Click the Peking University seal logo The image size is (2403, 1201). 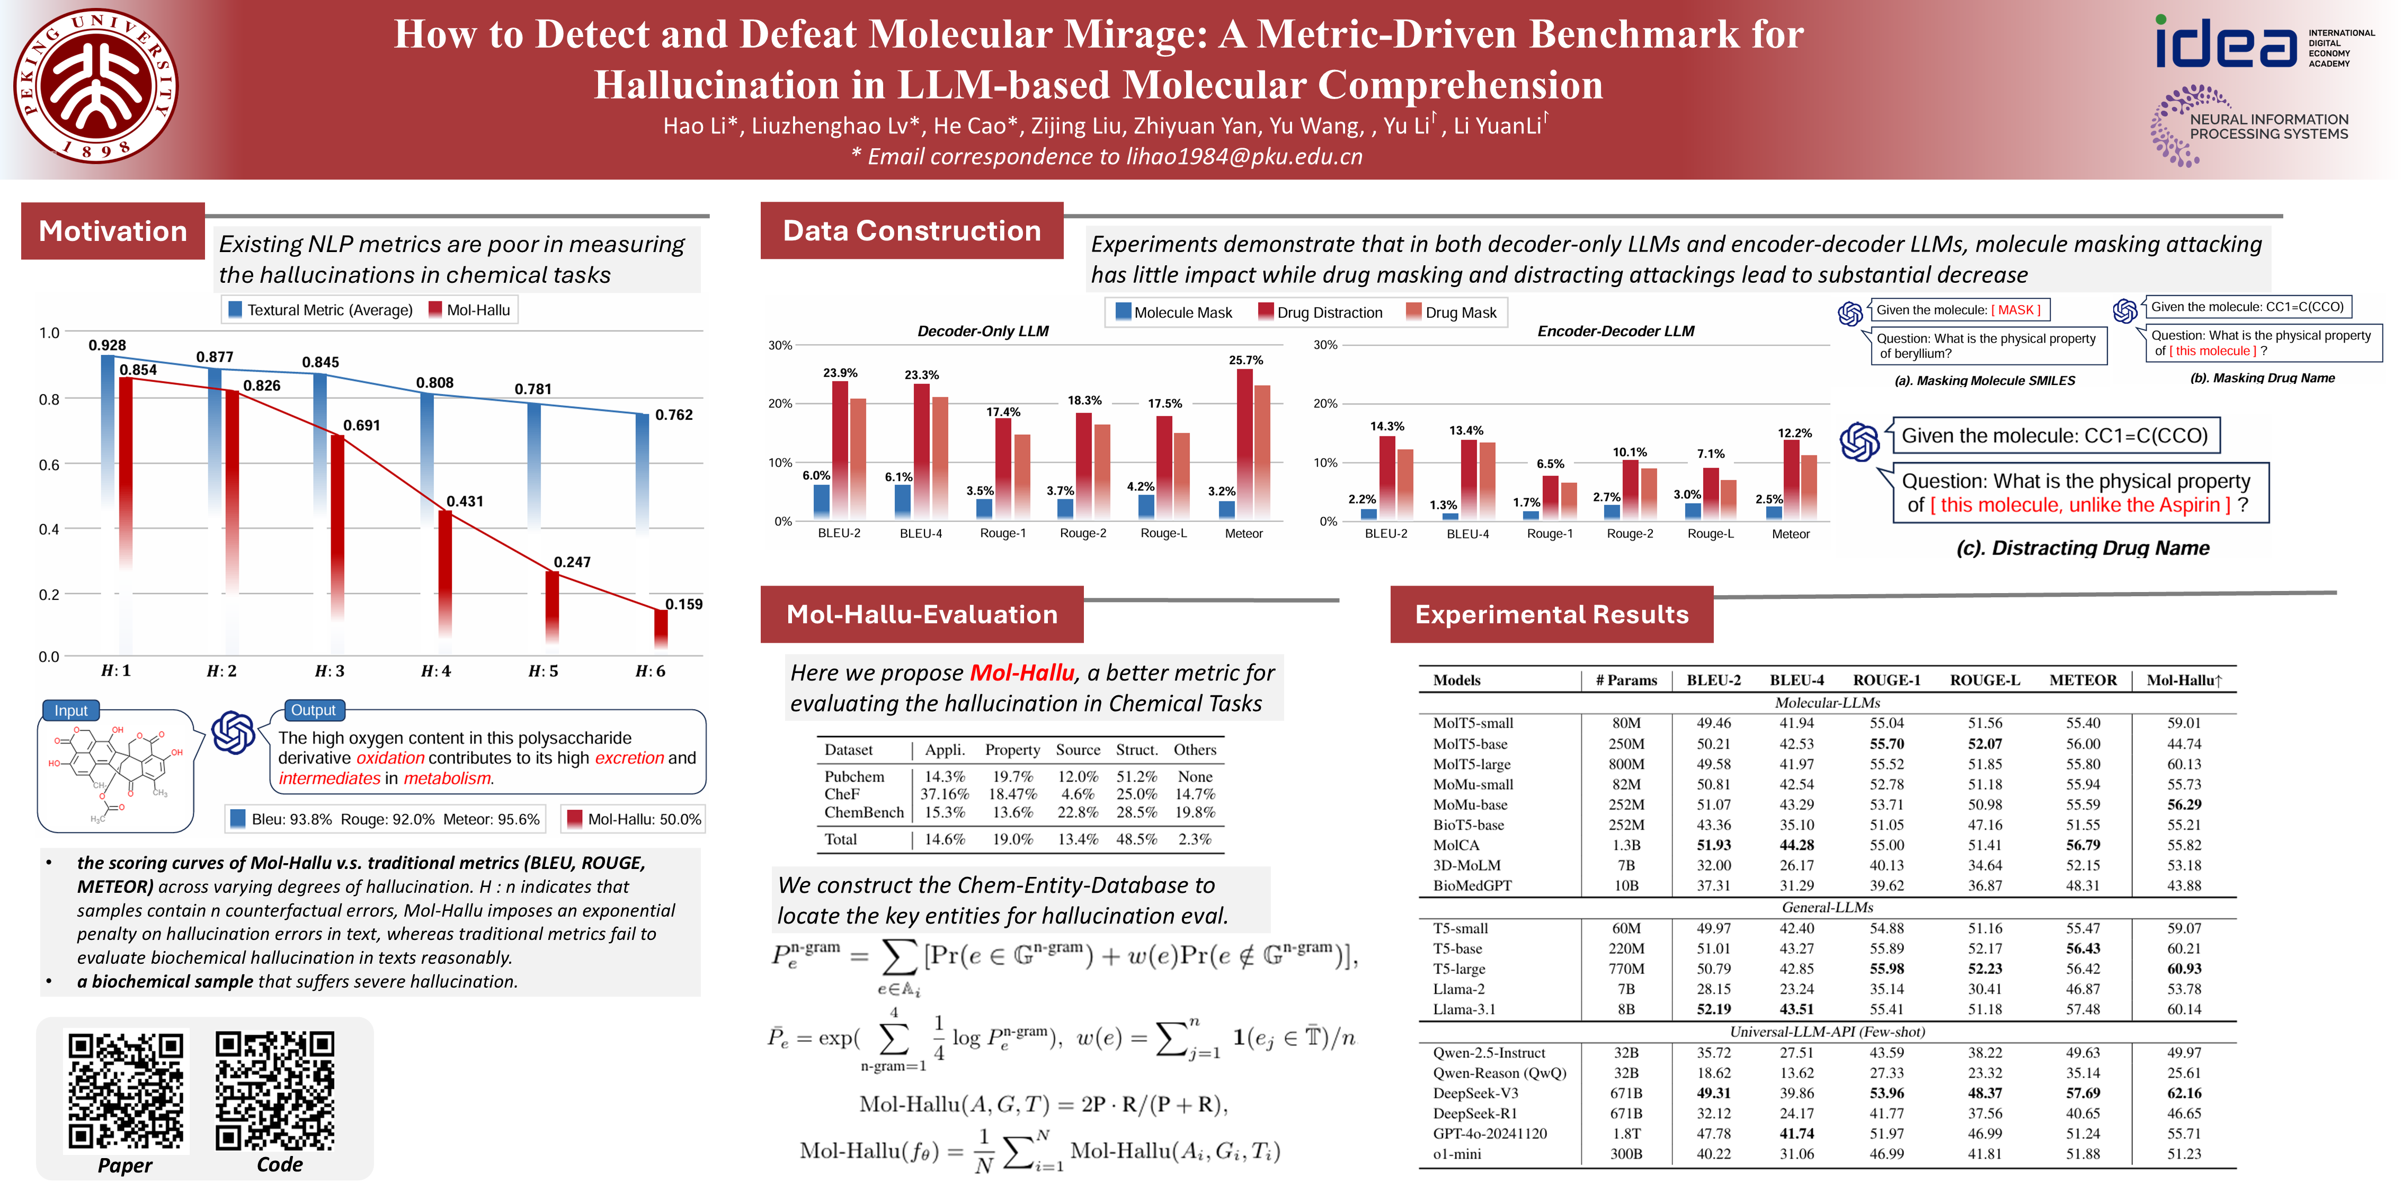tap(96, 87)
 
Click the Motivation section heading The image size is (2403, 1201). tap(113, 231)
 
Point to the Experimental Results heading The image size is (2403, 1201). tap(1551, 614)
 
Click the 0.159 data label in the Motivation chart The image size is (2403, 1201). tap(684, 604)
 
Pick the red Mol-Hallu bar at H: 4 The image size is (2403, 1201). tap(445, 578)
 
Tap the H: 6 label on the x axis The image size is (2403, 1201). tap(650, 671)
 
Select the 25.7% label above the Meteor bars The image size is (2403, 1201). tap(1245, 360)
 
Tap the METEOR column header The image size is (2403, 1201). tap(2082, 680)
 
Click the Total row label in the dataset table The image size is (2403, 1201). tap(841, 839)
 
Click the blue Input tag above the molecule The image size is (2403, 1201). tap(71, 711)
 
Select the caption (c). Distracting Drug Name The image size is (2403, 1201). tap(2082, 548)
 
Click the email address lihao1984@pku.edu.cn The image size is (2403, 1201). tap(1243, 157)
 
